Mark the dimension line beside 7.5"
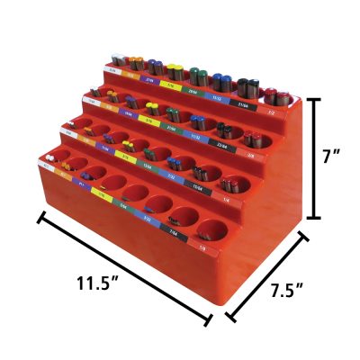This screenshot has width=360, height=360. [x=267, y=274]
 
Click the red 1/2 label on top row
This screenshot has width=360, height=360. [x=271, y=102]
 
